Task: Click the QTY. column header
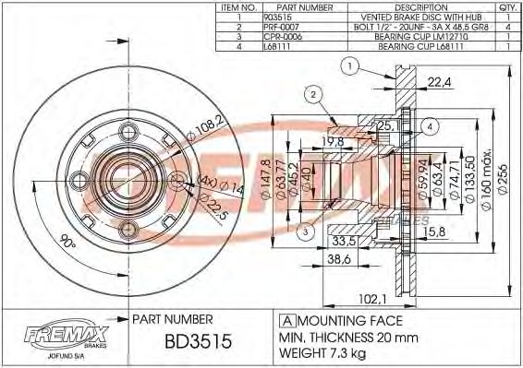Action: (x=507, y=6)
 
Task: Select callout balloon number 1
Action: (x=348, y=65)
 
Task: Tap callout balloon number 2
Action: (x=313, y=94)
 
